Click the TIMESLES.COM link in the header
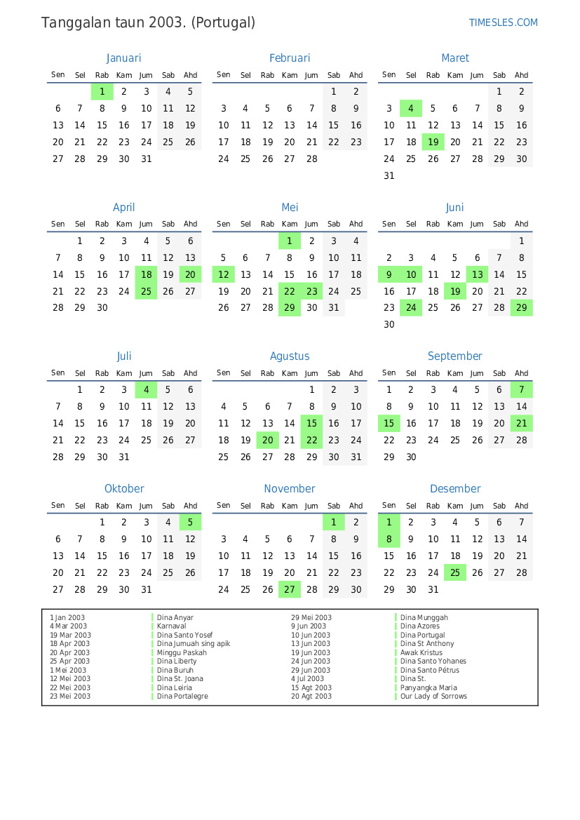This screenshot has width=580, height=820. (503, 22)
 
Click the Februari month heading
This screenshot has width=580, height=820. (290, 58)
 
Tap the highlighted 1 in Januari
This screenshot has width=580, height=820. (102, 91)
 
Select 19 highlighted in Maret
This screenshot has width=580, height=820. (433, 142)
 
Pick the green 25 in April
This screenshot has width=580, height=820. (146, 292)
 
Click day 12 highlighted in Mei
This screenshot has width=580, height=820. (224, 275)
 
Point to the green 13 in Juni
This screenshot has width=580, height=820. (478, 275)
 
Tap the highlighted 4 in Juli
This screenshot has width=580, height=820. (146, 390)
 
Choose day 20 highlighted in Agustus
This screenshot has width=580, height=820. (267, 441)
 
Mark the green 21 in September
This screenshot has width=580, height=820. (521, 424)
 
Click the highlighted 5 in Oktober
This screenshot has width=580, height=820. (190, 523)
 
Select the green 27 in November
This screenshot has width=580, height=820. (290, 590)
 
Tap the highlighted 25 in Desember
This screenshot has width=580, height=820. (455, 573)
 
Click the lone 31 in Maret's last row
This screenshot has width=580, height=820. (389, 176)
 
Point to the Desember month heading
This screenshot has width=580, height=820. (455, 489)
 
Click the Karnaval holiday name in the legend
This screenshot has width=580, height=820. (172, 626)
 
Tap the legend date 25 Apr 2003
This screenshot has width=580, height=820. (69, 661)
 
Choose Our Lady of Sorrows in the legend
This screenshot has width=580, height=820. (433, 697)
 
